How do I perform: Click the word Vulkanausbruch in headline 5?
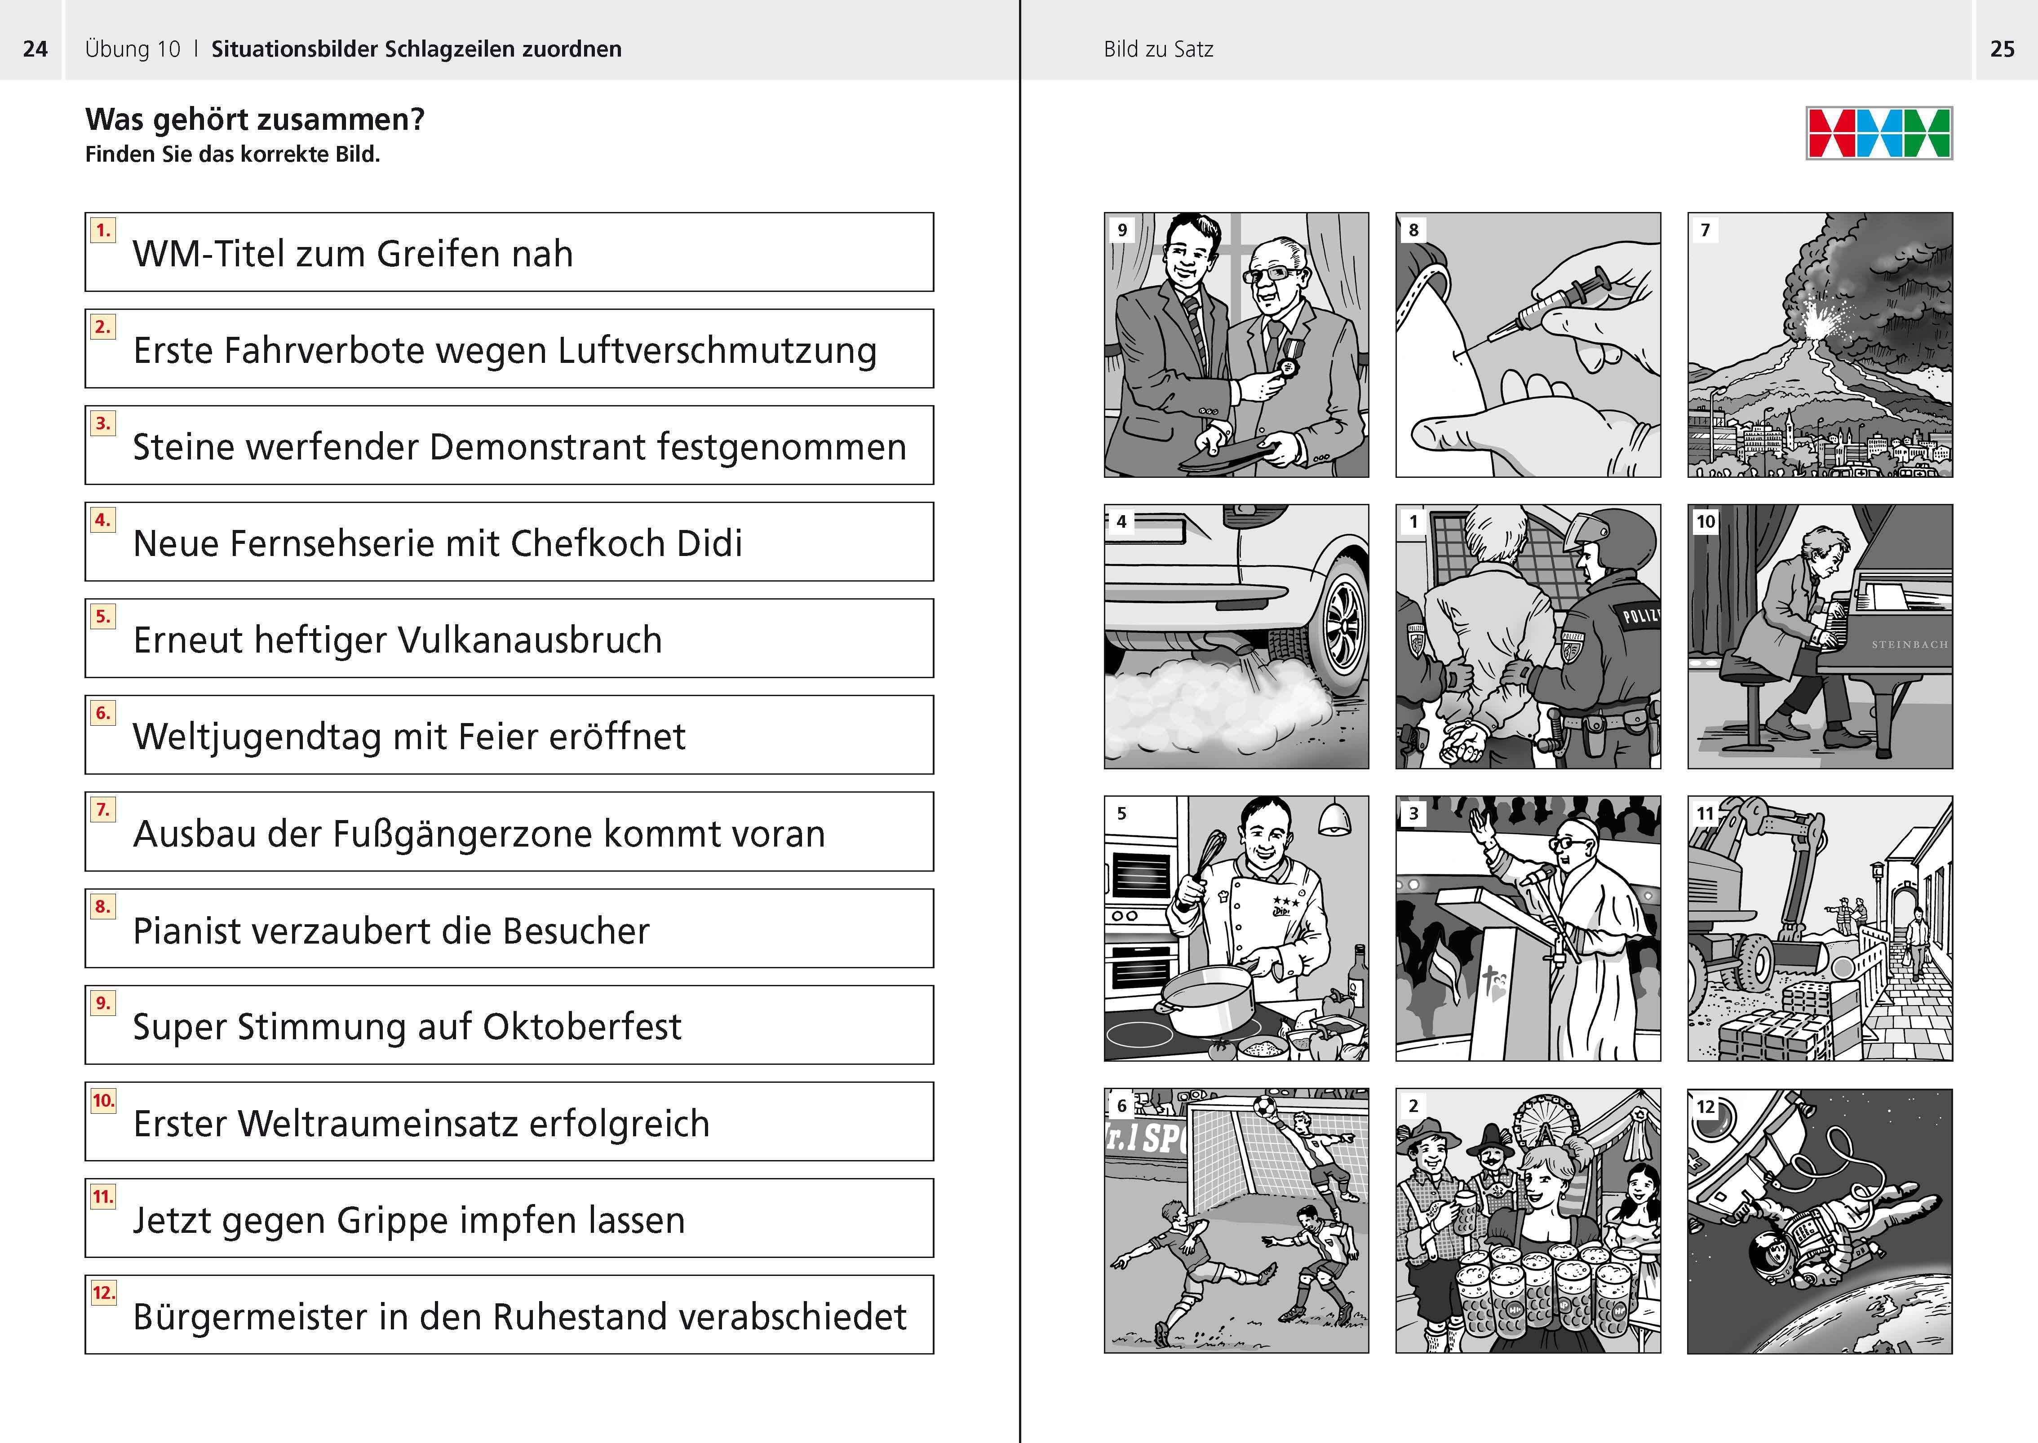pos(530,640)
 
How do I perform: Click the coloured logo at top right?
pos(1879,133)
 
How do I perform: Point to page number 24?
pos(35,49)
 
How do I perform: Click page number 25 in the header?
pos(2002,49)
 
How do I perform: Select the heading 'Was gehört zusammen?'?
pos(255,119)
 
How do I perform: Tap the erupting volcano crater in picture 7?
pos(1816,327)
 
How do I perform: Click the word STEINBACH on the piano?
pos(1909,644)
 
